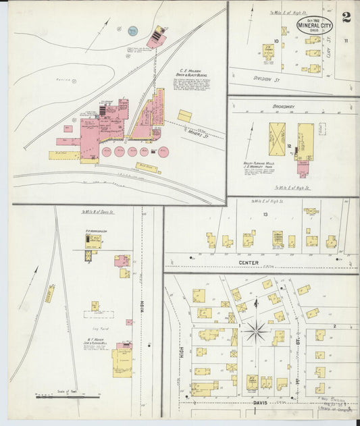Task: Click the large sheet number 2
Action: click(346, 18)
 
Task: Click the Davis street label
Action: click(260, 402)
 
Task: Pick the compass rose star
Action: click(255, 331)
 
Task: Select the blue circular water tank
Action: click(132, 30)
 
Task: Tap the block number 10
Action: click(277, 41)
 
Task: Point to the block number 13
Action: click(265, 214)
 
